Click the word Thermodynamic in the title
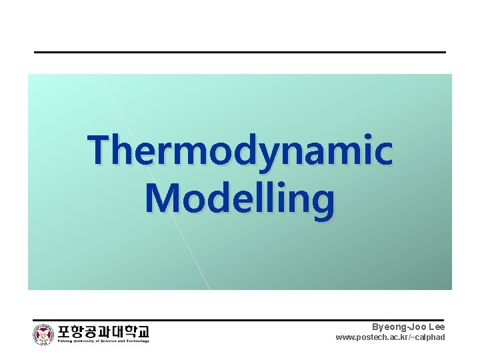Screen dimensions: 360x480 point(240,150)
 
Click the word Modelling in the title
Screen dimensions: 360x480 point(240,199)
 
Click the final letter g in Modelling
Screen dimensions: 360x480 point(323,202)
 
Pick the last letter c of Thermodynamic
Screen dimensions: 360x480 point(383,151)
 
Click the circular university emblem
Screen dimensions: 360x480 point(44,334)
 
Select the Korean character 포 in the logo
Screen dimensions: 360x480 point(65,331)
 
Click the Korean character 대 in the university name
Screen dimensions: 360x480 point(112,331)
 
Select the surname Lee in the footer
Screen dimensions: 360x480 point(436,327)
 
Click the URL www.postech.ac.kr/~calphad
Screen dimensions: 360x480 point(390,337)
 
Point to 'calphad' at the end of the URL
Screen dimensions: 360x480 point(431,337)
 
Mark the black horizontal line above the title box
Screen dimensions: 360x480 point(240,52)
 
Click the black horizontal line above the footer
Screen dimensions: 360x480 point(240,319)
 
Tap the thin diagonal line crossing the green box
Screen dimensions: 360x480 point(155,181)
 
